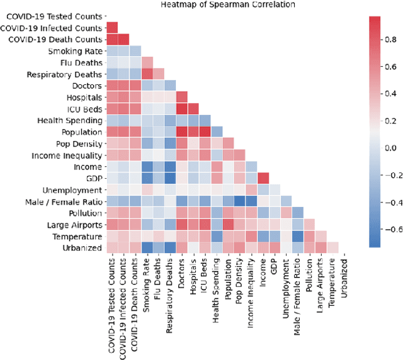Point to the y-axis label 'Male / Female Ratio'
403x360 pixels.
coord(64,201)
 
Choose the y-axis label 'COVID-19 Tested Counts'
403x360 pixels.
coord(51,16)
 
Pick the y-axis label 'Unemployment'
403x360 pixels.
coord(72,190)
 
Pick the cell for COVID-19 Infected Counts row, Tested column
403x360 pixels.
coord(112,28)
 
